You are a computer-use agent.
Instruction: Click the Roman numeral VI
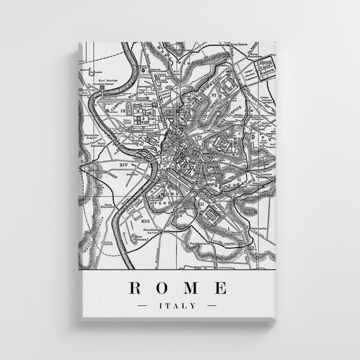click(x=215, y=95)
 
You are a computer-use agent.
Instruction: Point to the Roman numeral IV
click(x=199, y=136)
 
